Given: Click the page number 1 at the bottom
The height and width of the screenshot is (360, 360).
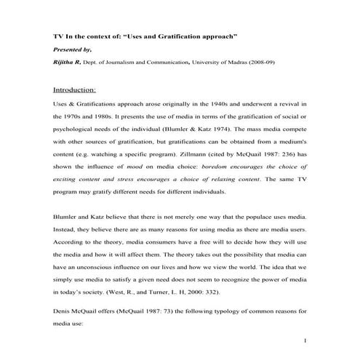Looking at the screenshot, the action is coord(307,340).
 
